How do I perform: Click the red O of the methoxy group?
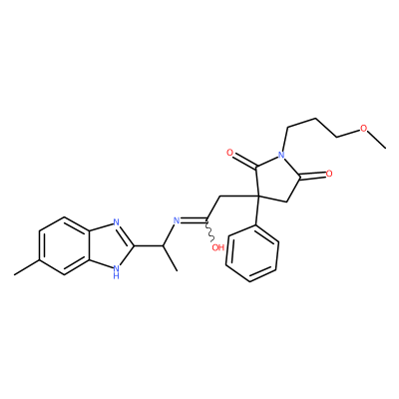click(364, 129)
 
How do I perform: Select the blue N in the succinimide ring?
click(282, 155)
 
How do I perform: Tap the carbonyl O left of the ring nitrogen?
click(229, 153)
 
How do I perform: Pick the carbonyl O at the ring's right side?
click(329, 174)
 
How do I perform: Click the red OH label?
click(217, 247)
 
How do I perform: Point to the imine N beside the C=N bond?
click(177, 219)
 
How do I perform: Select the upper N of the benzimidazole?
click(116, 222)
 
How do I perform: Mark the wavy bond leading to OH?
click(208, 231)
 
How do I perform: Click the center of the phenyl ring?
click(252, 253)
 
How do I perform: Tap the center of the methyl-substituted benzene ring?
click(64, 246)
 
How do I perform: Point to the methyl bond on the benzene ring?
click(27, 267)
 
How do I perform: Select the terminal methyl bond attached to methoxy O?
click(377, 140)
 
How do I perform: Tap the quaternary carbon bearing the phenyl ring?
click(259, 197)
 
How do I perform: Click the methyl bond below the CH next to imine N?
click(171, 258)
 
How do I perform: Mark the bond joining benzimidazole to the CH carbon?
click(149, 246)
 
